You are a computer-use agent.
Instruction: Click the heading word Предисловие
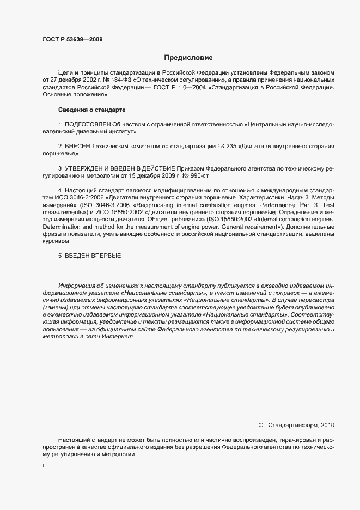click(188, 57)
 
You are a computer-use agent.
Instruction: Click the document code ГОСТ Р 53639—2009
click(72, 39)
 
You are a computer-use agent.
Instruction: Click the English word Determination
click(61, 226)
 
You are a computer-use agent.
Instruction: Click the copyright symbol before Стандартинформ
click(260, 424)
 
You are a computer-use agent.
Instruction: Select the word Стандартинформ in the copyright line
click(294, 424)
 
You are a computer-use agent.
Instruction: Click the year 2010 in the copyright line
click(328, 424)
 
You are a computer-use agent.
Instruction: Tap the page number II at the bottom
click(44, 466)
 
